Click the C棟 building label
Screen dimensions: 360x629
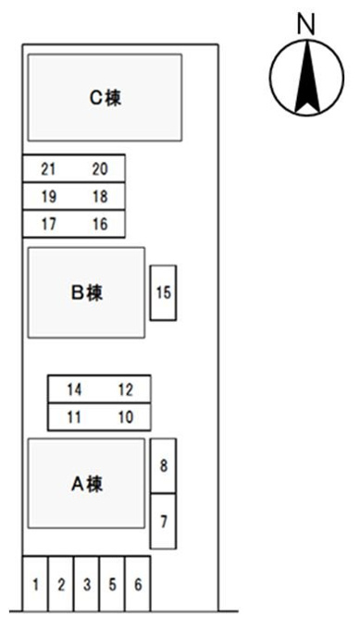pos(106,97)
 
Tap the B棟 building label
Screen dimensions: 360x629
pos(87,292)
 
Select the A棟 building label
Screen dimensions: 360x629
pos(87,484)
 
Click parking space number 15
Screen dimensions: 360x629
pos(164,292)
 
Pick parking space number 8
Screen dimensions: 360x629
pos(164,465)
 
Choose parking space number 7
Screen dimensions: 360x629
pos(164,522)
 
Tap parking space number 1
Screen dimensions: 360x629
pos(35,584)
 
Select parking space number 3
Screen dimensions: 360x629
pos(87,584)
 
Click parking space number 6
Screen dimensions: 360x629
pos(138,584)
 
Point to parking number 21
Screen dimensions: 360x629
pos(48,169)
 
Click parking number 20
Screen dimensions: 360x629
pos(100,169)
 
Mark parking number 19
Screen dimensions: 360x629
pos(48,196)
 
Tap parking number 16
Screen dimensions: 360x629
pos(100,224)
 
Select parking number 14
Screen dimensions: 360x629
pos(74,389)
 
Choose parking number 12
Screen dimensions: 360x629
pos(126,389)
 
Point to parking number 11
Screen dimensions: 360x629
pos(74,417)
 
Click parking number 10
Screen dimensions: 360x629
pos(126,417)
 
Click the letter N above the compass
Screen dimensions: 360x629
pos(306,23)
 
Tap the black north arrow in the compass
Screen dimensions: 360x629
pos(307,76)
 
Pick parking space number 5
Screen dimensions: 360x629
pos(112,584)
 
